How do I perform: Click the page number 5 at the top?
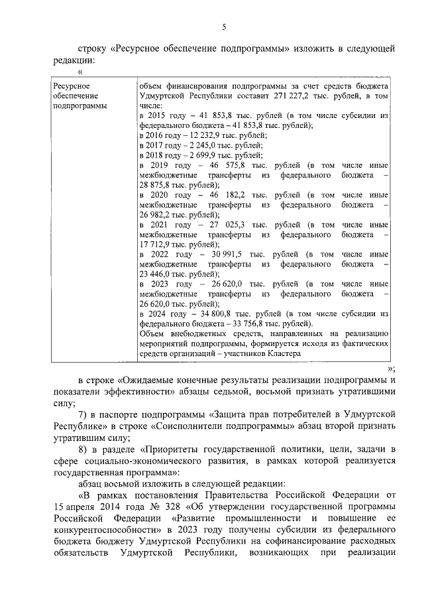pyautogui.click(x=224, y=27)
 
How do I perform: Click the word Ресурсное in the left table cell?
pyautogui.click(x=72, y=86)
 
